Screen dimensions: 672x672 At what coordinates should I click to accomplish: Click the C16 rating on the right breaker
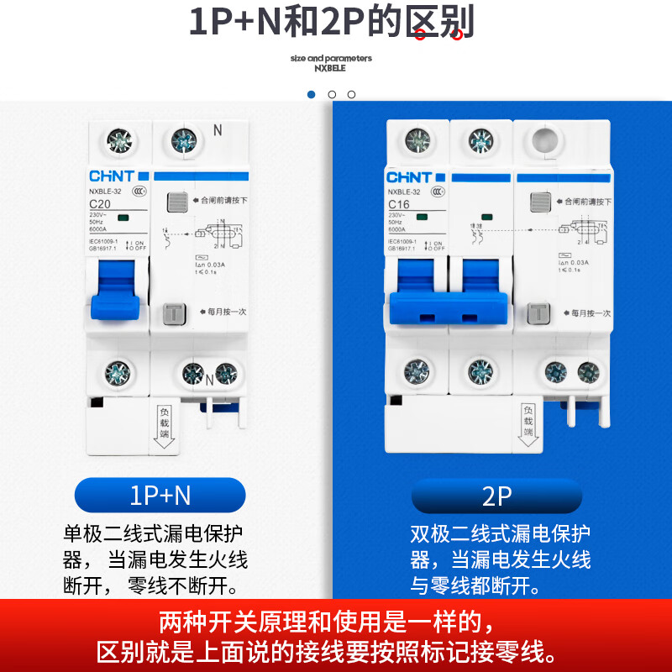399,204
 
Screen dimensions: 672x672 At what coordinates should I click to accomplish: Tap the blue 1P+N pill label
160,496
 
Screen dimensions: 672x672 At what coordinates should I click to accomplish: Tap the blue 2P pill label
496,496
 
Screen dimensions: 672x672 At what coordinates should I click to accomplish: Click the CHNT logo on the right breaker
409,177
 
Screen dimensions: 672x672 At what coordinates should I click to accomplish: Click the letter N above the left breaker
218,130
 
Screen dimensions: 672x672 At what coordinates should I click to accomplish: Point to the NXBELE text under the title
331,69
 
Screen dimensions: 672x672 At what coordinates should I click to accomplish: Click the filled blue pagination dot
312,94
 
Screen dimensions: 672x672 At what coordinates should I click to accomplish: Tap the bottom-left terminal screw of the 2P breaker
416,371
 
